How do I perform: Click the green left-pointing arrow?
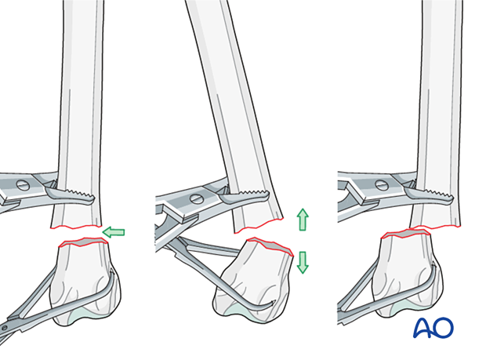point(114,231)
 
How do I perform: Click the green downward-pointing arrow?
point(303,261)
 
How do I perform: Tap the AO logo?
point(433,327)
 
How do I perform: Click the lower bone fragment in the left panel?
point(84,275)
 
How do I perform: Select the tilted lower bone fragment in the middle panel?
point(255,275)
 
